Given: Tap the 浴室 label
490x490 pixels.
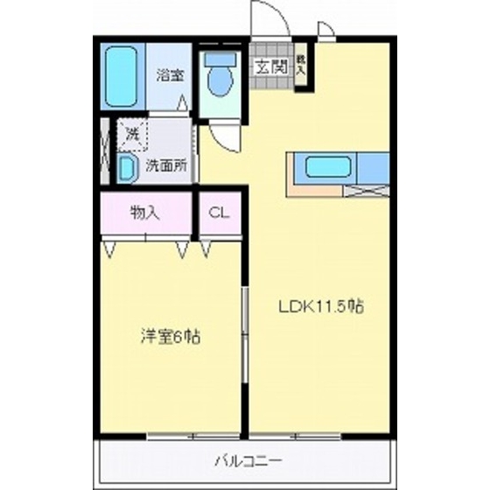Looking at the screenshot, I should pos(170,76).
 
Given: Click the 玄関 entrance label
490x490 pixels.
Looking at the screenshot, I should pos(269,64).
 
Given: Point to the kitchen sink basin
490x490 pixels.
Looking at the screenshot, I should pos(326,165).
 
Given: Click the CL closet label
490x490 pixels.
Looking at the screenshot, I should pos(219,213).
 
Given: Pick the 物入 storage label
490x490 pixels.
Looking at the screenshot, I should pos(144,213).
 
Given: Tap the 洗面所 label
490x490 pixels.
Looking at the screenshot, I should pos(165,164).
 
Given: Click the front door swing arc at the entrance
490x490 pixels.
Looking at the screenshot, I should pos(269,19).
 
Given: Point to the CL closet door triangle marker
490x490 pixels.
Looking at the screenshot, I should pos(206,250).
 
